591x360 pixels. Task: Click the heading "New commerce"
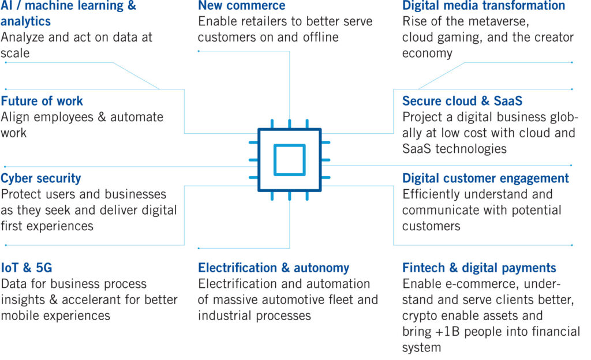click(242, 6)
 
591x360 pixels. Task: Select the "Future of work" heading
click(42, 101)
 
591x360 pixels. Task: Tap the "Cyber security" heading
click(41, 178)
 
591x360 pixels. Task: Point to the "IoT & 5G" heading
click(27, 268)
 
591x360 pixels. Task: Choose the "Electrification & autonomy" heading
click(274, 268)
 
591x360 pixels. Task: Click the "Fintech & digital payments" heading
click(479, 268)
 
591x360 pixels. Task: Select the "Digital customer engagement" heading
click(485, 178)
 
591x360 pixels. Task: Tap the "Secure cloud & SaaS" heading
click(462, 101)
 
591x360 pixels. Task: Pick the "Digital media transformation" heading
click(484, 6)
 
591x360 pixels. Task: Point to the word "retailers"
click(268, 21)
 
